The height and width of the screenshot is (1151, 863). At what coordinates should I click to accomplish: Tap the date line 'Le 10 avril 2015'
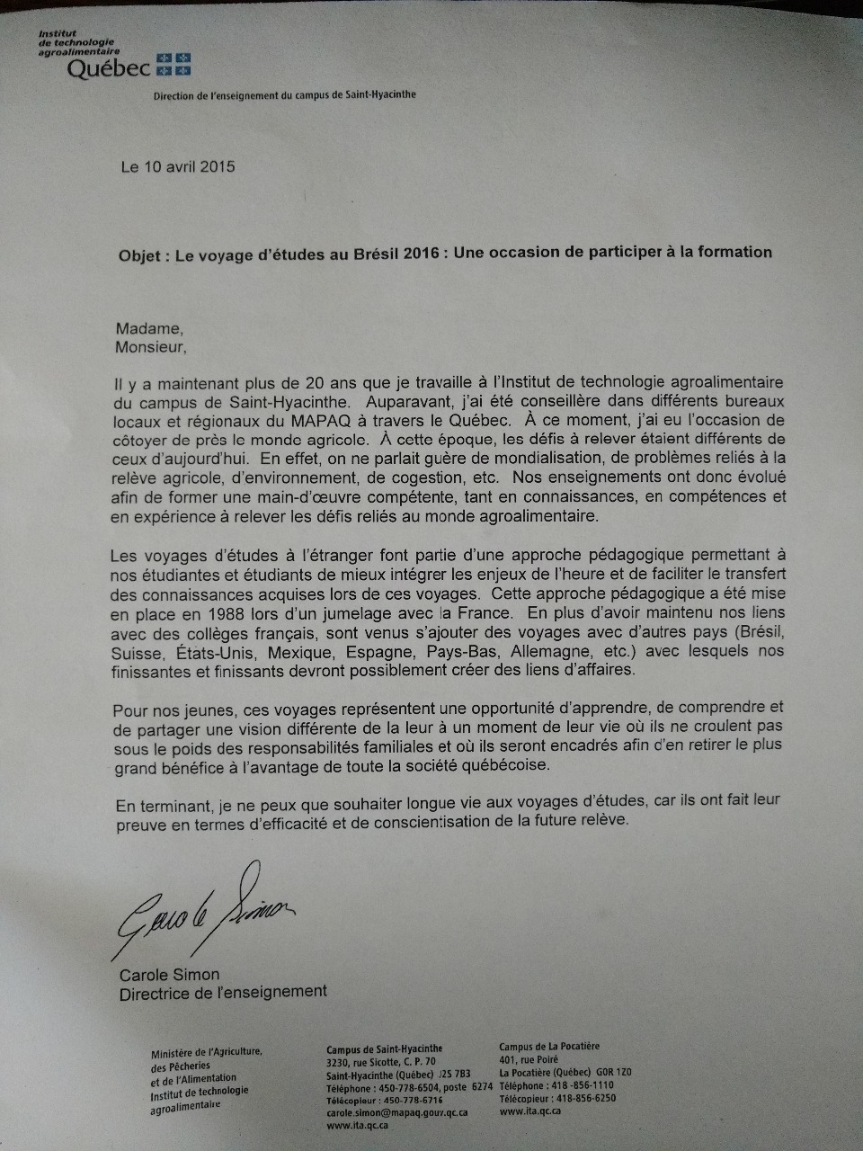(178, 166)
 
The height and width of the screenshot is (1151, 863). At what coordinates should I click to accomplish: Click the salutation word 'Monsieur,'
(149, 346)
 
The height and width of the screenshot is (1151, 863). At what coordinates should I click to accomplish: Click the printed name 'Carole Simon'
(169, 975)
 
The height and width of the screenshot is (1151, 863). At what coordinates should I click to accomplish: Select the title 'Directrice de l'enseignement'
(223, 992)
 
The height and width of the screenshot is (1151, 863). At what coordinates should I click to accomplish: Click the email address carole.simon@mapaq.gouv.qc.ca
(396, 1111)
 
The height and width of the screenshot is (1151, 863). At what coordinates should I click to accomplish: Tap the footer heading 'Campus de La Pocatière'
(549, 1047)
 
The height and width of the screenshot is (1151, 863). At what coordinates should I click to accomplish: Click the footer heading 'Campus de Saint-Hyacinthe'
(384, 1049)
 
